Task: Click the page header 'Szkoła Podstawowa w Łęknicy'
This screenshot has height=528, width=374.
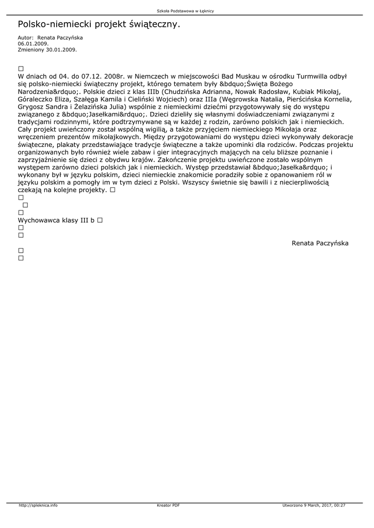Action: [x=185, y=11]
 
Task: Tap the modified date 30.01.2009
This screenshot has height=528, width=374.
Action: [x=61, y=49]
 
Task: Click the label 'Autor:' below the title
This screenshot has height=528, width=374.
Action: [x=26, y=38]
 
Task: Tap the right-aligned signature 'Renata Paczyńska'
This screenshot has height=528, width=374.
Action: [x=320, y=243]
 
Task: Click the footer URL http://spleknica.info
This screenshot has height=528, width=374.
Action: [x=38, y=505]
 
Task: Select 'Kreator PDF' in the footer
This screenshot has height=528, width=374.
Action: [x=168, y=505]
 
